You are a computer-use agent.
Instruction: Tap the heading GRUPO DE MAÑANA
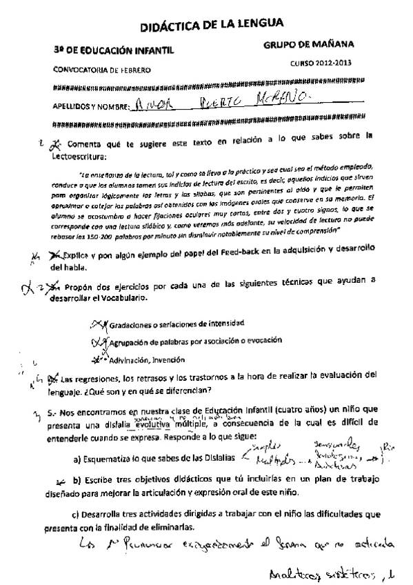coord(309,45)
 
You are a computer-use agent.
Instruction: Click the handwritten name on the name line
coord(221,104)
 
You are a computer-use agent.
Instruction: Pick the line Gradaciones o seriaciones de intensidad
coord(178,324)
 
